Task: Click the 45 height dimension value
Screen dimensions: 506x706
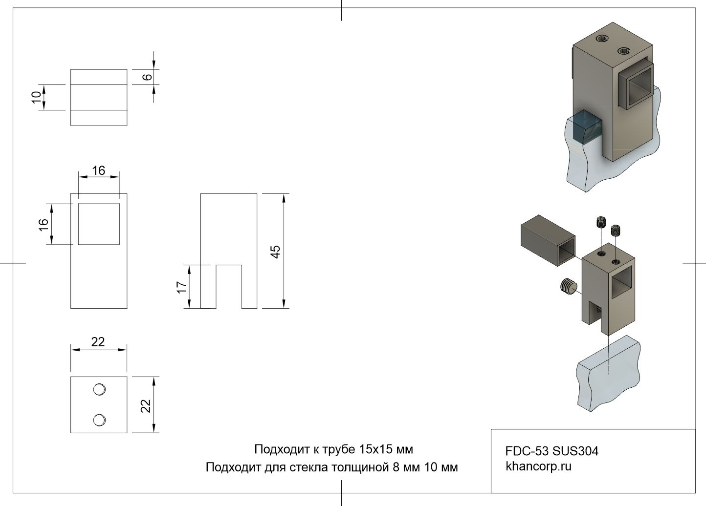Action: [276, 252]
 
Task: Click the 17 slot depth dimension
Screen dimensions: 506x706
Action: [182, 287]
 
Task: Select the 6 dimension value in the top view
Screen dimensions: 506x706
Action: [147, 77]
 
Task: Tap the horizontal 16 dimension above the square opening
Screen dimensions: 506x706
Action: [99, 170]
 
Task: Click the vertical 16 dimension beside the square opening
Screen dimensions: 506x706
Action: [44, 224]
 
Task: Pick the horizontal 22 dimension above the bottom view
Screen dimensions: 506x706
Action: [98, 342]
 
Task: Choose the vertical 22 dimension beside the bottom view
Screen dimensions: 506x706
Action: [146, 405]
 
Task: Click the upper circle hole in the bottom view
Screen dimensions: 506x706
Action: [99, 389]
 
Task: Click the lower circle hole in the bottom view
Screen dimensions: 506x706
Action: [99, 420]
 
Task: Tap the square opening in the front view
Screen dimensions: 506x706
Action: [99, 224]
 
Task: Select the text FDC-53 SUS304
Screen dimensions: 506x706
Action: [552, 451]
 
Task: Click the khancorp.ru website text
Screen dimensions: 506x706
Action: [538, 466]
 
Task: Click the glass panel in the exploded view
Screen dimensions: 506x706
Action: [608, 375]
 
